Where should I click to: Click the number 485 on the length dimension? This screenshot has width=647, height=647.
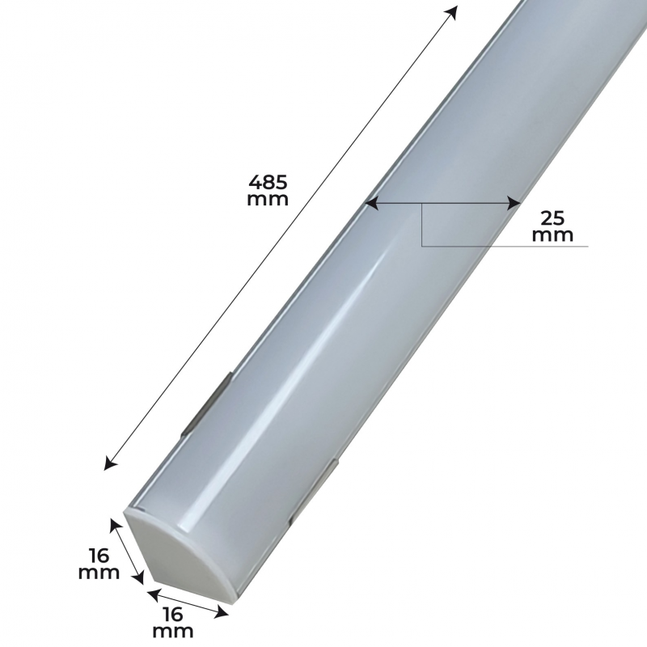(x=268, y=180)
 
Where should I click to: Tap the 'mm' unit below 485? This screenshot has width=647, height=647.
(x=268, y=199)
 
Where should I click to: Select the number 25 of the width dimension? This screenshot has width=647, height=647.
(x=552, y=218)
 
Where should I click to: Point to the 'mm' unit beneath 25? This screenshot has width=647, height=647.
(x=552, y=235)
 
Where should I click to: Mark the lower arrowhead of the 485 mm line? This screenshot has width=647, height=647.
(x=110, y=463)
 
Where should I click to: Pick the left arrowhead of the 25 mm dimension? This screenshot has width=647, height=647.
(x=373, y=203)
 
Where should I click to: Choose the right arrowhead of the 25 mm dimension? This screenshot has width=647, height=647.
(x=513, y=203)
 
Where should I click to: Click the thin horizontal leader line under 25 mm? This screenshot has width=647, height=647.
(x=505, y=247)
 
